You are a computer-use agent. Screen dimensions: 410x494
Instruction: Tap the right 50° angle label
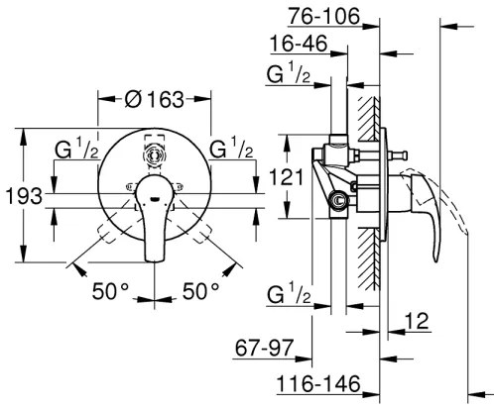pyautogui.click(x=202, y=292)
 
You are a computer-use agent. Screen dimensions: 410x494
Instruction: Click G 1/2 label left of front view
pyautogui.click(x=76, y=152)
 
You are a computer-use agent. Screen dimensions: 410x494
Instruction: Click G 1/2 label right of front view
pyautogui.click(x=231, y=152)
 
